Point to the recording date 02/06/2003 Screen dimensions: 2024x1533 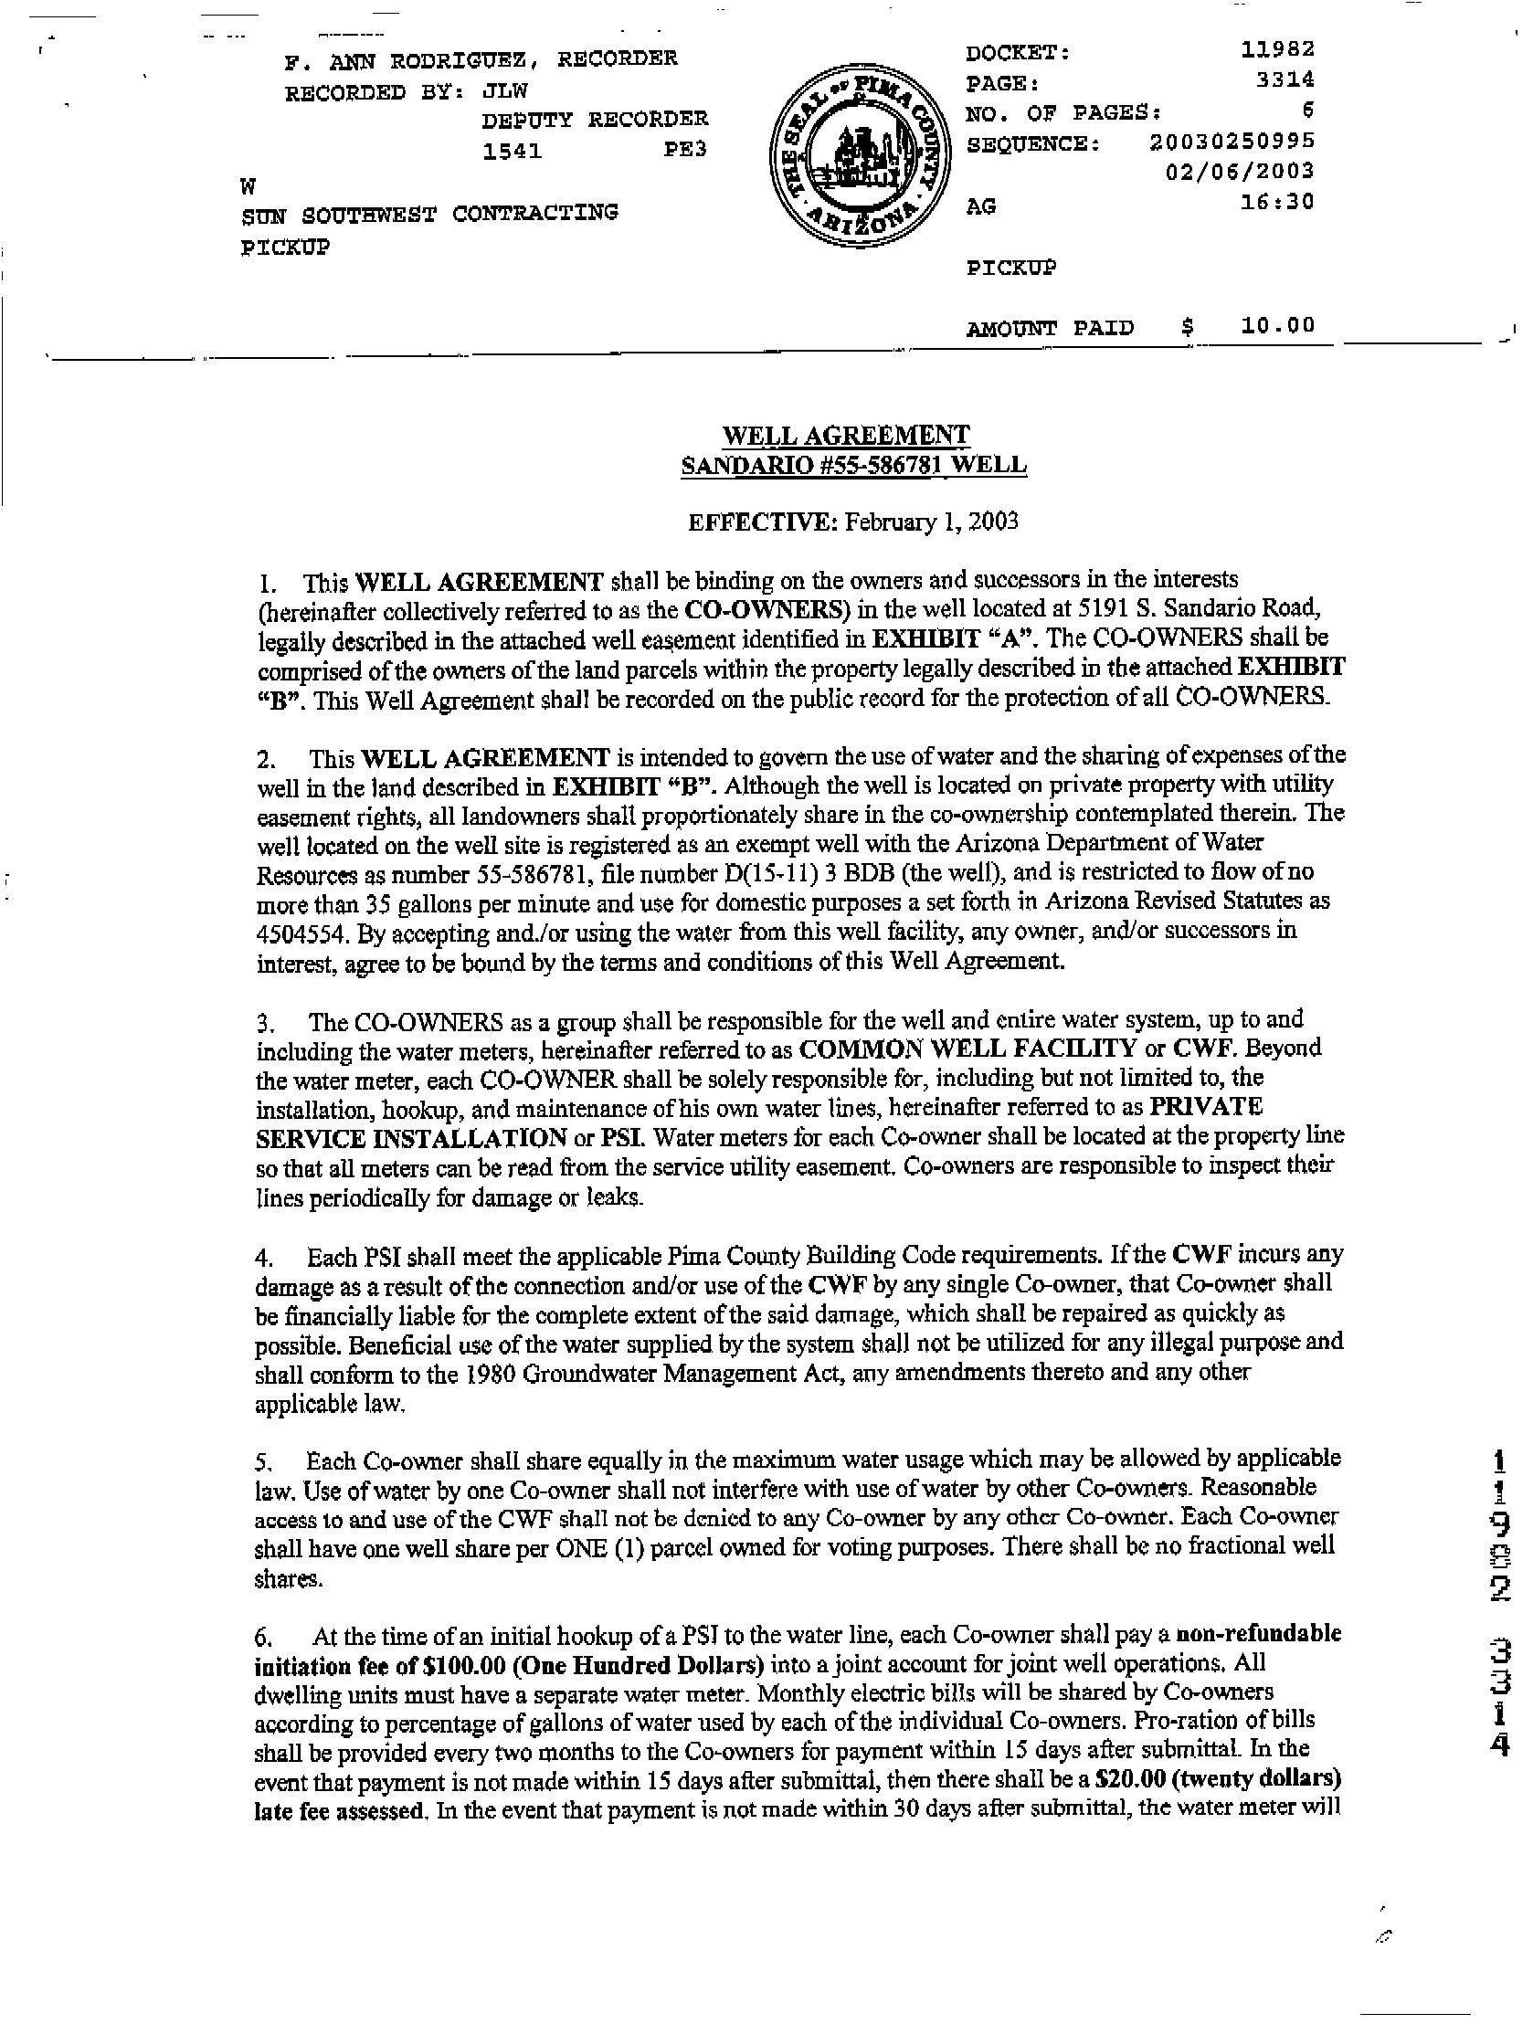(1240, 171)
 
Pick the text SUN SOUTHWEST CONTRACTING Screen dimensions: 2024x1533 (429, 214)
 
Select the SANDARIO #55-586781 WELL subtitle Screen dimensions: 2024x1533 (853, 465)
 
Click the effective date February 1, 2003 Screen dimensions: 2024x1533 (931, 522)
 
